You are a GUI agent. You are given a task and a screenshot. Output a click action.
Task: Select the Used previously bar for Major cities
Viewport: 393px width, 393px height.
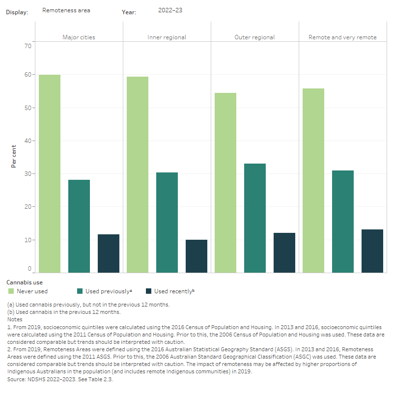(79, 226)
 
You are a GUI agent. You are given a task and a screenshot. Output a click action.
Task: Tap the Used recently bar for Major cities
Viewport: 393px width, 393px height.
(108, 253)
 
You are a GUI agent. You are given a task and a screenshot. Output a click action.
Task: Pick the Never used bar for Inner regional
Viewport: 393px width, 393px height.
(137, 174)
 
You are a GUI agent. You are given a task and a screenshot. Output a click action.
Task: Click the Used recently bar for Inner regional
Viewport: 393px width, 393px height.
(196, 256)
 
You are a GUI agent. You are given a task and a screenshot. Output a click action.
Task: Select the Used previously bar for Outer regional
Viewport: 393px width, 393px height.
(254, 218)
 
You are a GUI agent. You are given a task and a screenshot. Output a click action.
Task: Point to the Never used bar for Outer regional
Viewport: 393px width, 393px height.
(225, 183)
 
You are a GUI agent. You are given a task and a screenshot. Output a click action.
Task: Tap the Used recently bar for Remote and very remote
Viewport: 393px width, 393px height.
(372, 251)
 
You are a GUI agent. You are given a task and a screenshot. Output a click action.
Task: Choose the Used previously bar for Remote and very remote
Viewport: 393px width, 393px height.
(342, 222)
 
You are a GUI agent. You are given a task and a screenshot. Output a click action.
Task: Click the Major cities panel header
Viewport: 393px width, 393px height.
(79, 37)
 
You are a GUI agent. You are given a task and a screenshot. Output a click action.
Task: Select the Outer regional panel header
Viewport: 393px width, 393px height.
(254, 37)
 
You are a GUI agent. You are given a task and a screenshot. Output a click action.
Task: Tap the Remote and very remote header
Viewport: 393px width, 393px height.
(342, 37)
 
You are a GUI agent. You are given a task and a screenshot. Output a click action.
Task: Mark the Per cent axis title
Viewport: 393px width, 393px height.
(13, 156)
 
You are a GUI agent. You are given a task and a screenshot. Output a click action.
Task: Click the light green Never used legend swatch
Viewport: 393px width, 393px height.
(11, 291)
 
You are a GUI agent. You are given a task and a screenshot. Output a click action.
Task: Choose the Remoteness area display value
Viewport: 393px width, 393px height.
(66, 10)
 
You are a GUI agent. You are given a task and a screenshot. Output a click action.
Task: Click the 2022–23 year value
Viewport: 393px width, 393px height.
(170, 10)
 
